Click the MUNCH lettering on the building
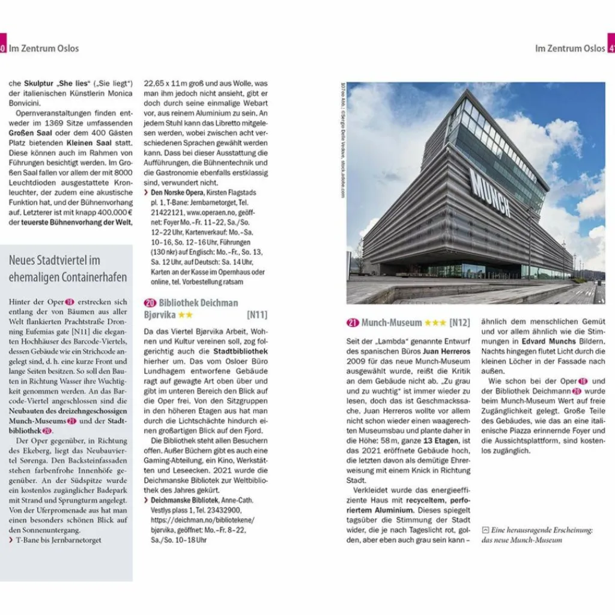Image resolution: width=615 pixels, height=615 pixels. [490, 192]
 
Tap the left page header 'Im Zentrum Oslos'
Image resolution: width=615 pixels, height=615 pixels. [44, 48]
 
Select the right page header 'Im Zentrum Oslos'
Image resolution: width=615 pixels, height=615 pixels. [570, 48]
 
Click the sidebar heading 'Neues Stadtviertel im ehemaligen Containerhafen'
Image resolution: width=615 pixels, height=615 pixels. [68, 268]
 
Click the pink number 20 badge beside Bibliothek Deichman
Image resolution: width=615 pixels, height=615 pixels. [150, 303]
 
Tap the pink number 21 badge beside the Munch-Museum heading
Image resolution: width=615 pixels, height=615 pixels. [353, 323]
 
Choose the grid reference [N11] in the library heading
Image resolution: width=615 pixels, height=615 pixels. [256, 314]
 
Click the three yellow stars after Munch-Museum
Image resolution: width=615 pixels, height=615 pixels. [435, 323]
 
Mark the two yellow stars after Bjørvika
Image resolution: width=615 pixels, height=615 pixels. [185, 314]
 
